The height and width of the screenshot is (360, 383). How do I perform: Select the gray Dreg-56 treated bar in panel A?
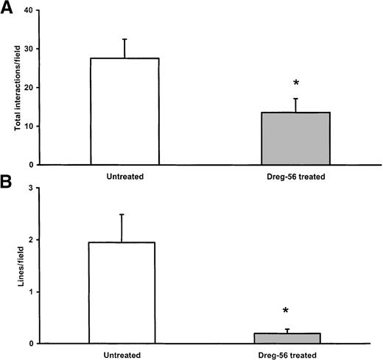(x=295, y=138)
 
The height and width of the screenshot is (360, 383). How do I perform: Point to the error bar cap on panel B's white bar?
(x=122, y=214)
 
